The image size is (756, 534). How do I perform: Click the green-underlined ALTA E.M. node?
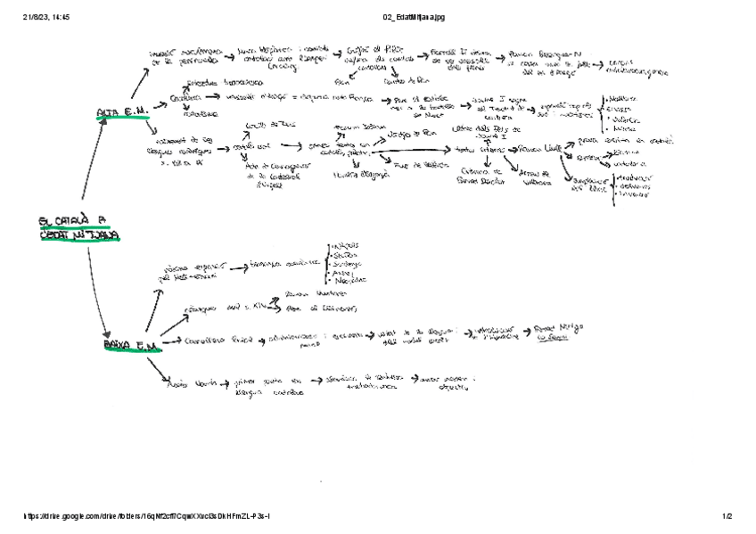[x=124, y=111]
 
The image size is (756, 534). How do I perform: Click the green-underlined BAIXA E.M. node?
[x=130, y=344]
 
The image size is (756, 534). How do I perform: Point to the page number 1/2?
[x=727, y=516]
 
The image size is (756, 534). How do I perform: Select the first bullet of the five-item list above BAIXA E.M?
[x=344, y=246]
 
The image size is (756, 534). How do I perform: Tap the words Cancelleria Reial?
[x=211, y=341]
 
